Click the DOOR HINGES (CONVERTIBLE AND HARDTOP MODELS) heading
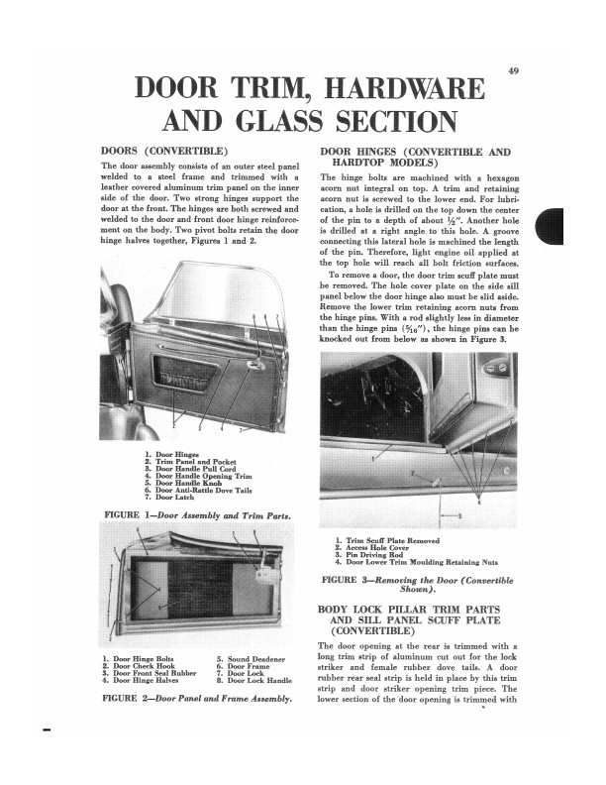(x=415, y=156)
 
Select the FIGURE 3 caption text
(x=418, y=583)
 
